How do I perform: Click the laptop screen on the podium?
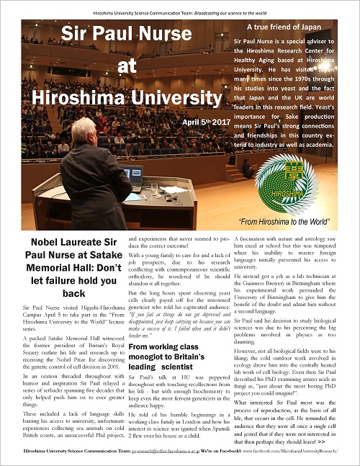(x=132, y=175)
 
